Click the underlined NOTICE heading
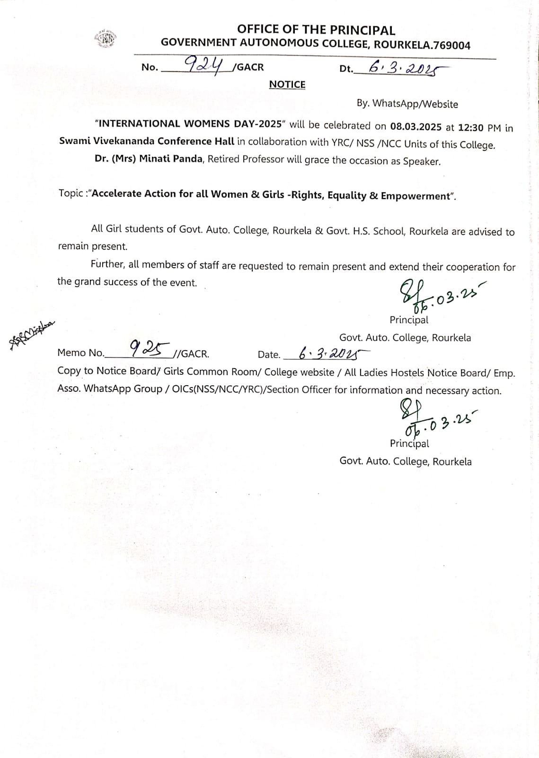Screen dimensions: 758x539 click(x=287, y=84)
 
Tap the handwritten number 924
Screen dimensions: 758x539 click(x=204, y=64)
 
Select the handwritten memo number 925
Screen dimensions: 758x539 click(x=150, y=349)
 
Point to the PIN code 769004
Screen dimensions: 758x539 click(x=451, y=46)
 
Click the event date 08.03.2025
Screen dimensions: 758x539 click(x=415, y=127)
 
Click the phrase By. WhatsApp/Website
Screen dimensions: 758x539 click(x=407, y=104)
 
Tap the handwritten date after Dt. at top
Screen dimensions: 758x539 click(x=402, y=69)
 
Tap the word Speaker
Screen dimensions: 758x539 click(x=421, y=162)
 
